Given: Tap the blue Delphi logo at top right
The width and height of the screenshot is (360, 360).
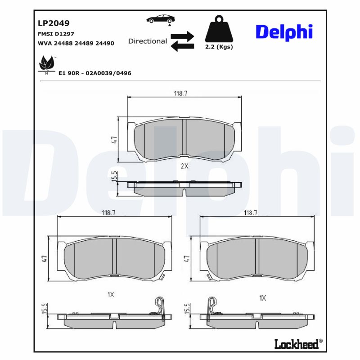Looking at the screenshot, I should [284, 32].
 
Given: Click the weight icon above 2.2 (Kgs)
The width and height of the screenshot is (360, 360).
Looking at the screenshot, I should [219, 30].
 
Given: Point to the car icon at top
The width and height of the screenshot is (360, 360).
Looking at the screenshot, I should [161, 19].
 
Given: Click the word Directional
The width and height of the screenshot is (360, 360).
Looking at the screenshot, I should [148, 41].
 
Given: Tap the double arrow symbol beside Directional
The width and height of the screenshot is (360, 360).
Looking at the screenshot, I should [182, 41].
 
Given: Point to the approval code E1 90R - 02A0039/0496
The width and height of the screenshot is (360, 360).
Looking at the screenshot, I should [94, 73].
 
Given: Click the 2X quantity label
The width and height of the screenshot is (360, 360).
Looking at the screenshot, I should [184, 166].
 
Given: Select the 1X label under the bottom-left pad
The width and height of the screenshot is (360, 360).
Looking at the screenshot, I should [111, 294].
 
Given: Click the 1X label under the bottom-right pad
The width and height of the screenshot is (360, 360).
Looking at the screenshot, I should [263, 297].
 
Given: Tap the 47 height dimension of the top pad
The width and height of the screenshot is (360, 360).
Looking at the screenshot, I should [114, 139].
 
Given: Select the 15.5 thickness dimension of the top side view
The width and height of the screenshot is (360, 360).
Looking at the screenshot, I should [114, 177].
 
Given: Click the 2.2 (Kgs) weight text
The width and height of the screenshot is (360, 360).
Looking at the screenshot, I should [219, 47].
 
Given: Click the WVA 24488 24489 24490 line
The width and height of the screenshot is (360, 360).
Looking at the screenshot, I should [76, 43].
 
